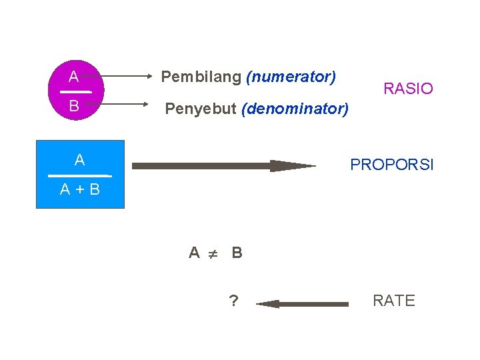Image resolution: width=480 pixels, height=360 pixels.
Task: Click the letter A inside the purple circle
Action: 74,75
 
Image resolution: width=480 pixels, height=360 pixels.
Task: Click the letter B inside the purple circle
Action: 74,106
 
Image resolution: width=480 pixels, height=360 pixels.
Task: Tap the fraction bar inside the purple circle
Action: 75,91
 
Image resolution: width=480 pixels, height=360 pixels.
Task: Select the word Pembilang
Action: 201,77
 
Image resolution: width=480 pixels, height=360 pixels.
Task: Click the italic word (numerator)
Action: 291,77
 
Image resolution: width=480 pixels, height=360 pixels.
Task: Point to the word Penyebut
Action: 201,108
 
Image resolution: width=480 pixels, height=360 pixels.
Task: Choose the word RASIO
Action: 408,89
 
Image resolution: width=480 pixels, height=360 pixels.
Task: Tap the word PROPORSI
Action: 392,164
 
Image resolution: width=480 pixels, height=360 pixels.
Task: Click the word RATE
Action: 393,301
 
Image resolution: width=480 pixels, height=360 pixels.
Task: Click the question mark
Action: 233,301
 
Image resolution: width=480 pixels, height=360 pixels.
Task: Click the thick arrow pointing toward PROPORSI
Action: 223,166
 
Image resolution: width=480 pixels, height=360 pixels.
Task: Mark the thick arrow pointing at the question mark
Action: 303,304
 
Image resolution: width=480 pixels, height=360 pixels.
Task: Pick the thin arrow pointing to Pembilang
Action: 127,77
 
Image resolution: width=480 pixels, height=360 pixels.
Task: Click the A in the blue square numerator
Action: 80,160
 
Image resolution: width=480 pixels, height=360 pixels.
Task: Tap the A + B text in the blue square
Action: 80,190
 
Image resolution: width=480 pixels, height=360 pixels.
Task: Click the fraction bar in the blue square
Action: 79,175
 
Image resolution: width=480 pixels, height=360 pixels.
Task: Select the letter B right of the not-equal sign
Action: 237,253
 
